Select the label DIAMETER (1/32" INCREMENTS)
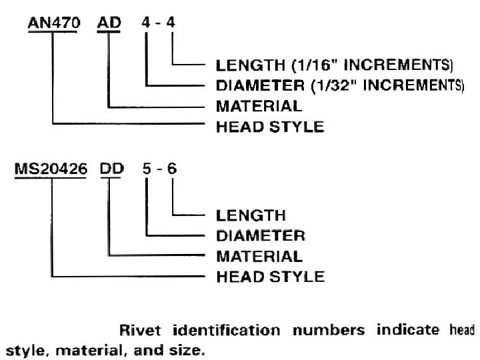pyautogui.click(x=340, y=85)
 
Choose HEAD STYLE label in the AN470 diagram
pyautogui.click(x=271, y=125)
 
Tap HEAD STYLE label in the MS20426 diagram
pyautogui.click(x=271, y=275)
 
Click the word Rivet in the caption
pyautogui.click(x=137, y=329)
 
